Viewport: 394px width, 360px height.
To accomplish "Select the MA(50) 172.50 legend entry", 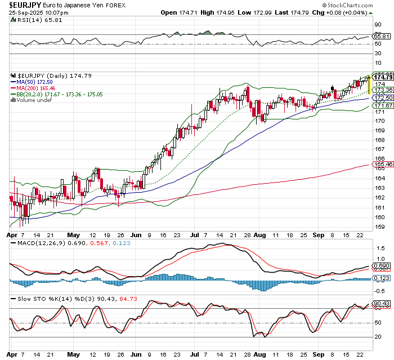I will [x=35, y=82].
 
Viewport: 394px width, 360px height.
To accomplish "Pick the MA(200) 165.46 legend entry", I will [x=37, y=88].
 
